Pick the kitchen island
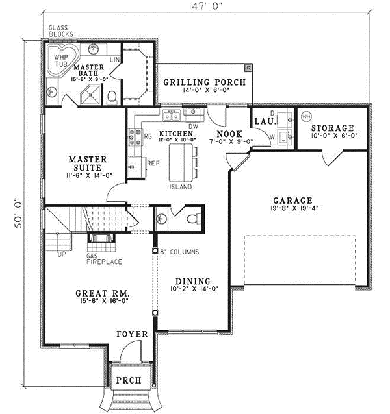pos(182,164)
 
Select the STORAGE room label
pos(331,128)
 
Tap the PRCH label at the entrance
pos(127,380)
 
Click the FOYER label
pos(132,334)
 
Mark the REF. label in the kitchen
pos(154,164)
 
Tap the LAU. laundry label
pos(266,121)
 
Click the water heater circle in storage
pos(306,117)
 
